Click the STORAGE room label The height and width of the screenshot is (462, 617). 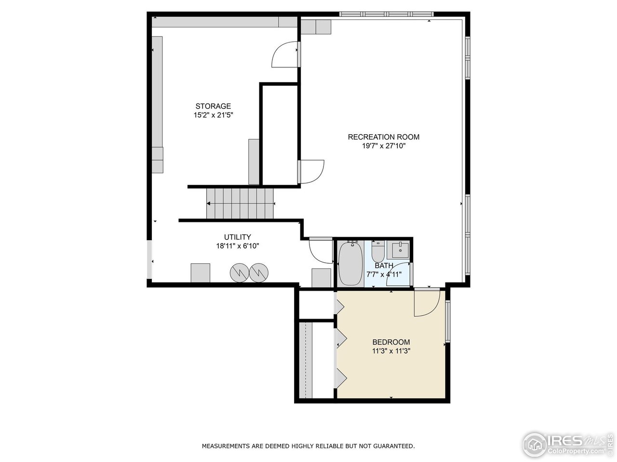point(213,106)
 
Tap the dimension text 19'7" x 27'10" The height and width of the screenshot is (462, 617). point(384,146)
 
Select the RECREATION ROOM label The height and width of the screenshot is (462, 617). point(384,137)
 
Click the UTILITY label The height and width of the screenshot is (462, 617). point(237,237)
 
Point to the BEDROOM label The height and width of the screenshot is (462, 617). point(391,342)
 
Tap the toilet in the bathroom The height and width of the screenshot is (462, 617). point(377,251)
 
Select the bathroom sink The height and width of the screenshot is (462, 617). point(400,250)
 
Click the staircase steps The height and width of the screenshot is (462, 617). point(240,204)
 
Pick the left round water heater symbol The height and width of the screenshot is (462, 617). point(238,272)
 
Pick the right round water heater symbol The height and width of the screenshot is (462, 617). point(258,272)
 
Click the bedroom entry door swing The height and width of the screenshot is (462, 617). point(426,303)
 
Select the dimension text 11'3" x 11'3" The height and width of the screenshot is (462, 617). point(391,351)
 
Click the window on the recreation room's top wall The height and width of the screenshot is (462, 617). point(386,14)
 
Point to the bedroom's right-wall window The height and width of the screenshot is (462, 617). point(448,321)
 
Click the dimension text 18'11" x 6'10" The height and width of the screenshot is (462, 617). point(237,246)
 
